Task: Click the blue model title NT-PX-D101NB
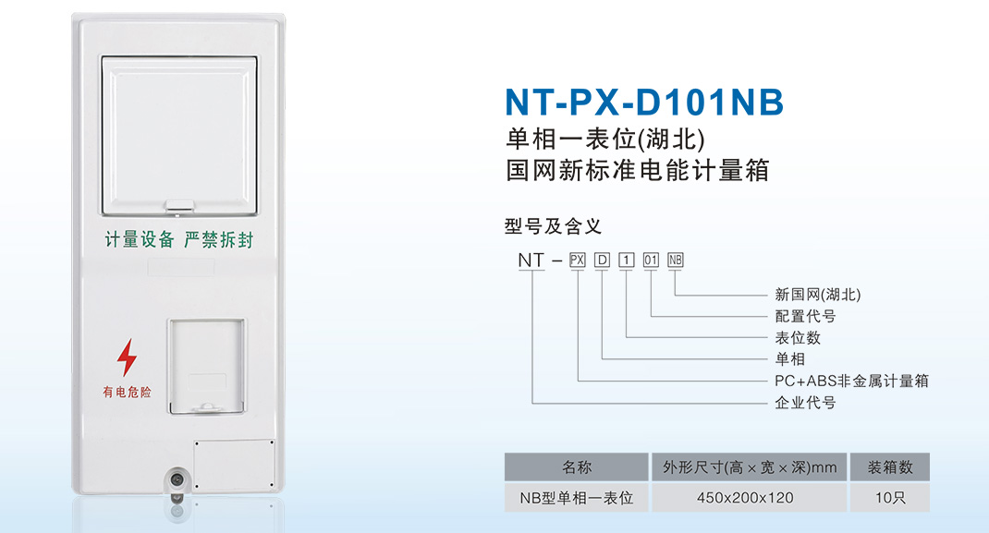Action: pyautogui.click(x=644, y=102)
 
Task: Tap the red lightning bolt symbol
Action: pyautogui.click(x=127, y=357)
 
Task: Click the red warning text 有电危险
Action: pyautogui.click(x=127, y=393)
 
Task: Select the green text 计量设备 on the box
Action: pyautogui.click(x=140, y=239)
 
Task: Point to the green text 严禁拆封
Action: pyautogui.click(x=218, y=239)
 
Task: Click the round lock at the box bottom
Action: pyautogui.click(x=177, y=480)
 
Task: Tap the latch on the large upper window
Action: pyautogui.click(x=179, y=205)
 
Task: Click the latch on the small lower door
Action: pyautogui.click(x=206, y=407)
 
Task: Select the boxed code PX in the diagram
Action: pyautogui.click(x=577, y=260)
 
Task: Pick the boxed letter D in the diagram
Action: pyautogui.click(x=603, y=260)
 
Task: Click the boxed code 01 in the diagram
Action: pyautogui.click(x=651, y=260)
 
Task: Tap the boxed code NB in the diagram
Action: pyautogui.click(x=675, y=260)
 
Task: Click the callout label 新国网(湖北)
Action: pyautogui.click(x=817, y=295)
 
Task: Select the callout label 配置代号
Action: pyautogui.click(x=805, y=316)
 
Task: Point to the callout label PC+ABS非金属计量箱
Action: pyautogui.click(x=851, y=381)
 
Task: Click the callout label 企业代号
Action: pyautogui.click(x=805, y=403)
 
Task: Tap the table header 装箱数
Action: pyautogui.click(x=890, y=467)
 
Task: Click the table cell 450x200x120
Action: pyautogui.click(x=745, y=498)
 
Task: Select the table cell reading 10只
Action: pyautogui.click(x=890, y=498)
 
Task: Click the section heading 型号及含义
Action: pyautogui.click(x=553, y=226)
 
